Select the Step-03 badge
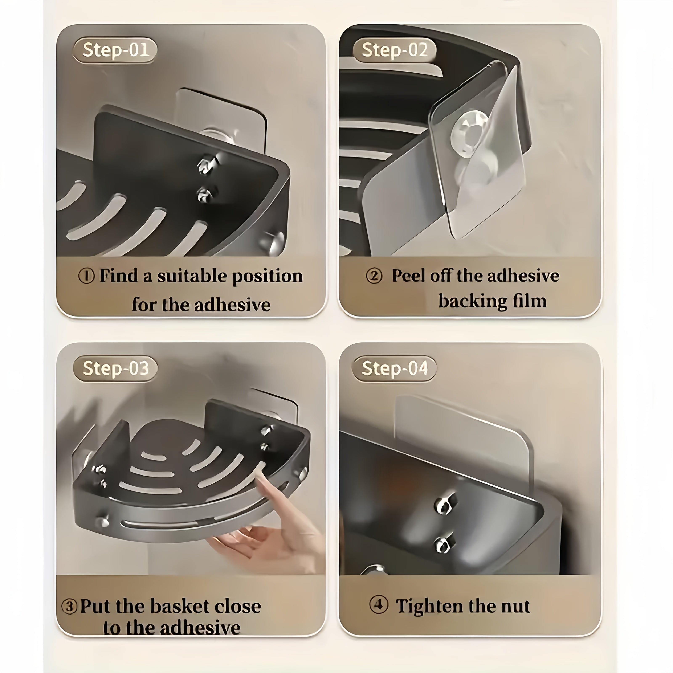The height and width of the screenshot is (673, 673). coord(115,368)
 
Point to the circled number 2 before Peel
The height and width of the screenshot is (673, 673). coord(374,276)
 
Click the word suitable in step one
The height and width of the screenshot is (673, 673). coord(192,276)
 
